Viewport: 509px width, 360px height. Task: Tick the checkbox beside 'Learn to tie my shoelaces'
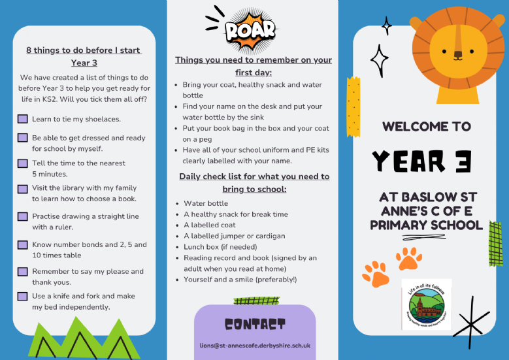tap(22, 119)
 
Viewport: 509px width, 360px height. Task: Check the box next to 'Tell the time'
tap(22, 163)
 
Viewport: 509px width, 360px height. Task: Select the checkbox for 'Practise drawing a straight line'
tap(22, 216)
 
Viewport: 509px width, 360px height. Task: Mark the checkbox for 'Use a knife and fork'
tap(22, 297)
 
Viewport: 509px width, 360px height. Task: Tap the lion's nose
tap(458, 54)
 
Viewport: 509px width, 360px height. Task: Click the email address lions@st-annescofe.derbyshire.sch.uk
tap(255, 346)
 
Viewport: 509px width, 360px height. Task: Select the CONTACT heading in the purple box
tap(255, 324)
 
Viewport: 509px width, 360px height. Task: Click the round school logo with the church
tap(427, 304)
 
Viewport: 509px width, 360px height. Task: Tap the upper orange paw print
tap(408, 258)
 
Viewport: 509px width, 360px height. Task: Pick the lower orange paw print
tap(376, 274)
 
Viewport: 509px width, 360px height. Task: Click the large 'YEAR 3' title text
tap(421, 161)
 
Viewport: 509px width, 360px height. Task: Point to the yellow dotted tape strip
tap(353, 106)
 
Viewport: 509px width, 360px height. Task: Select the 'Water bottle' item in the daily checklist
tap(206, 204)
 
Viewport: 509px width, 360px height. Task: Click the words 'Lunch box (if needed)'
tap(220, 247)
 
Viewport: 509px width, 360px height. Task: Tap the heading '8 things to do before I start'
tap(84, 50)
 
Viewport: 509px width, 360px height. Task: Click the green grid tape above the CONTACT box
tap(256, 301)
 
